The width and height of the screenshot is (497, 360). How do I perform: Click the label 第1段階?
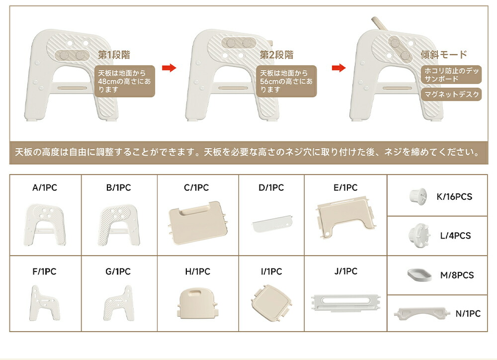click(x=114, y=55)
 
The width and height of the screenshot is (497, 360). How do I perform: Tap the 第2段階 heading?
click(x=276, y=55)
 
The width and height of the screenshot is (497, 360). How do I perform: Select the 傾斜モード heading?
click(x=444, y=55)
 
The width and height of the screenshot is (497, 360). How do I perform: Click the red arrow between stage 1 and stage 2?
click(x=169, y=68)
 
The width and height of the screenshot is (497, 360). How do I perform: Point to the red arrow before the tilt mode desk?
click(x=338, y=68)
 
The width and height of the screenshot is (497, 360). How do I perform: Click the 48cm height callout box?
click(x=125, y=81)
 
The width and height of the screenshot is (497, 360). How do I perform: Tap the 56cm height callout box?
click(x=287, y=81)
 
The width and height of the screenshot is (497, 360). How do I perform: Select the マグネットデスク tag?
click(x=451, y=94)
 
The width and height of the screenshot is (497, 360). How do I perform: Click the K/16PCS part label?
click(x=454, y=196)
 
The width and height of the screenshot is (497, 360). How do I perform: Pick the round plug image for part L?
click(x=419, y=235)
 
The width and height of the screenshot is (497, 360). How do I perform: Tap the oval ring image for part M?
click(x=419, y=274)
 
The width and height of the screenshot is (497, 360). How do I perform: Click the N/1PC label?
click(x=468, y=313)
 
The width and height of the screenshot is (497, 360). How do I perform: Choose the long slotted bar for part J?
click(x=345, y=303)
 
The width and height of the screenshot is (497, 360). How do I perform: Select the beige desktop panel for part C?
click(x=198, y=223)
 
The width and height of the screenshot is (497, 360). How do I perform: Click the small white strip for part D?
click(x=272, y=224)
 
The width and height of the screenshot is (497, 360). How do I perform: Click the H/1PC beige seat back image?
click(x=197, y=303)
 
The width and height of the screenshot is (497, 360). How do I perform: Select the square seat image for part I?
click(x=271, y=303)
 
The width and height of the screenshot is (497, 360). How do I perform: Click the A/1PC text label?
click(x=45, y=187)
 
